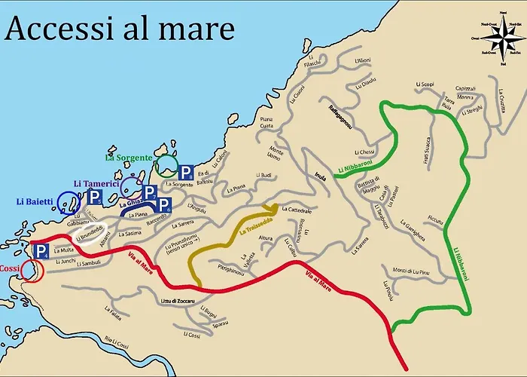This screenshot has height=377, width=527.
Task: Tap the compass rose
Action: click(503, 37)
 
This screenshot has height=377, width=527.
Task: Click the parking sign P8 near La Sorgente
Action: click(186, 172)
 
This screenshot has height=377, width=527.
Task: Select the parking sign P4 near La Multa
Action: click(42, 251)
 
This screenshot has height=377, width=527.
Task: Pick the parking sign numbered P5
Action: click(95, 198)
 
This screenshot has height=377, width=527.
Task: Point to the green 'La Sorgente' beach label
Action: click(129, 158)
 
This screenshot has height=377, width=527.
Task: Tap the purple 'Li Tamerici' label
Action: click(98, 183)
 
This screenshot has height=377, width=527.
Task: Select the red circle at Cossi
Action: click(30, 269)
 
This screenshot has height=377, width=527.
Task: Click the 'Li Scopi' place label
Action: click(425, 84)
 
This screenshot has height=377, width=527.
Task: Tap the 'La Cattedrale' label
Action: click(296, 210)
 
